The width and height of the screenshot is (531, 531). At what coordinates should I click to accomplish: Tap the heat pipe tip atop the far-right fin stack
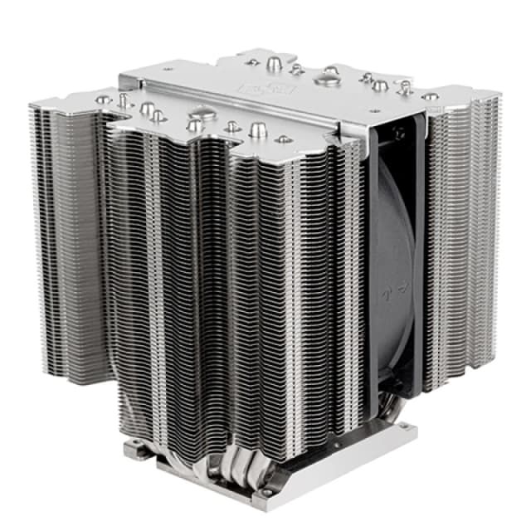431,96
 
